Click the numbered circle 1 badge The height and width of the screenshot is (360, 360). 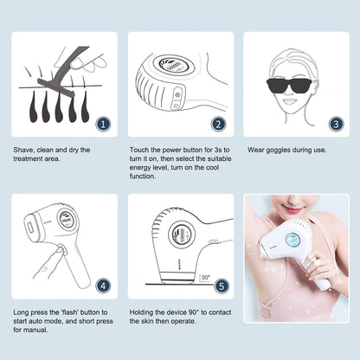[103, 124]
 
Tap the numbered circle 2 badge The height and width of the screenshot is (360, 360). [218, 124]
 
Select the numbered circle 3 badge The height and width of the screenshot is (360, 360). [334, 124]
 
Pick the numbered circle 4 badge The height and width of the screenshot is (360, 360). [103, 284]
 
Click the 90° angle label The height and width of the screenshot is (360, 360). [204, 278]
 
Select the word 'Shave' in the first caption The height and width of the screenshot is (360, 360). [25, 150]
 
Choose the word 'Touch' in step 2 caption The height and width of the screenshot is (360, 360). [140, 150]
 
